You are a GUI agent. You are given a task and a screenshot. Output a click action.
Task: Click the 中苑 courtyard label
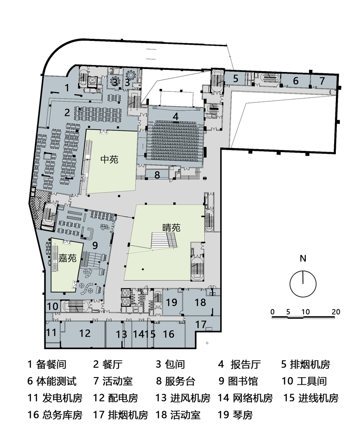pos(109,159)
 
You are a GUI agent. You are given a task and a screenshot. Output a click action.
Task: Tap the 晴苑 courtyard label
pos(171,228)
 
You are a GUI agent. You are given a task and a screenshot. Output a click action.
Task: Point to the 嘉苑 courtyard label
pos(67,258)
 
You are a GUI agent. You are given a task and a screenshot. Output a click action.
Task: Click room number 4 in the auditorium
pos(175,116)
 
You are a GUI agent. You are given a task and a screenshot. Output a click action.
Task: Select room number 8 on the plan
pos(157,175)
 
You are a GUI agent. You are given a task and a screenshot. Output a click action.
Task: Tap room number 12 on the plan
pos(85,333)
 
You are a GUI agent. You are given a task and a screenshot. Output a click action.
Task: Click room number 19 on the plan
pos(171,303)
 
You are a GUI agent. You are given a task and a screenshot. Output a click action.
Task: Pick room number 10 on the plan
pos(52,306)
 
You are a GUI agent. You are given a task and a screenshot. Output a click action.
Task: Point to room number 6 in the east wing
pos(296,81)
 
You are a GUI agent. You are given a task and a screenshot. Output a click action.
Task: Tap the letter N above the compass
pos(303,259)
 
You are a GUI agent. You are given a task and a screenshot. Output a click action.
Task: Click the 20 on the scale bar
pos(336,312)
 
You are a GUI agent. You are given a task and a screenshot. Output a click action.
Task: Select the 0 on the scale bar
pos(272,312)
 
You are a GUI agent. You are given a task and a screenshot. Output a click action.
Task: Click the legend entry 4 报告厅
pos(239,364)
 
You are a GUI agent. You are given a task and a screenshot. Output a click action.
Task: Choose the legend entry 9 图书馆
pos(238,381)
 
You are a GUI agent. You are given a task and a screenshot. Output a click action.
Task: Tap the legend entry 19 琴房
pos(235,415)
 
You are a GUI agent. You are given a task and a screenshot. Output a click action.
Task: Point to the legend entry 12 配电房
pos(116,398)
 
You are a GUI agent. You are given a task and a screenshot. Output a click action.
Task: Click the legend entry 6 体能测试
pos(52,381)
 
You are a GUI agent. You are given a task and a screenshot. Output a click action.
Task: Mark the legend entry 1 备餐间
pos(47,364)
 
